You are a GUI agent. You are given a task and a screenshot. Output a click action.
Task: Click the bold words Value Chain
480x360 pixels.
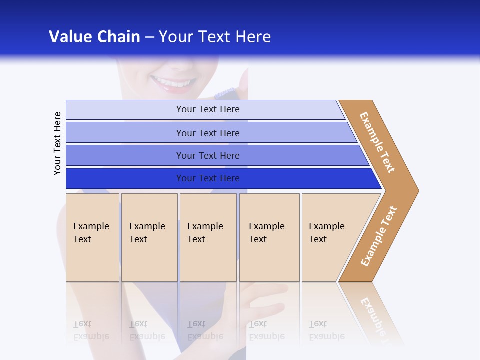[x=94, y=37]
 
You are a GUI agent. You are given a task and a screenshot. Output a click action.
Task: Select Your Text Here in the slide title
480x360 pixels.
[x=215, y=37]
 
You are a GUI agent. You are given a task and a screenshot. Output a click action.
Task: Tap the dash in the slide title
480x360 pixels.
[x=149, y=37]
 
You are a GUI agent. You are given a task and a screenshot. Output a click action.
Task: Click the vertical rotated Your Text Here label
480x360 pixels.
[x=57, y=143]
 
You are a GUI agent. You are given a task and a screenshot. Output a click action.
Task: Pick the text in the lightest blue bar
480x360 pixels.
[x=208, y=109]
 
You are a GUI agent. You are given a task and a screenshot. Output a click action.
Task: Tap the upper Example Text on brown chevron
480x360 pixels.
[x=377, y=142]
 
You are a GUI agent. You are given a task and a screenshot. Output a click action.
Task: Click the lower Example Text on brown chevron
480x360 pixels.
[x=379, y=236]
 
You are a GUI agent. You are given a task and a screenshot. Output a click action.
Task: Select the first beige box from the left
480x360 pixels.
[x=92, y=237]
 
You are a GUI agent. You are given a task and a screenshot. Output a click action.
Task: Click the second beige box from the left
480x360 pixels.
[x=149, y=237]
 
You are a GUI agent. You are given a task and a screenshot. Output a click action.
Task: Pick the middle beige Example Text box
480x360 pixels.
[x=208, y=237]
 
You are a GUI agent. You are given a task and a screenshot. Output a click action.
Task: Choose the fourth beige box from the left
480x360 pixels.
[x=269, y=237]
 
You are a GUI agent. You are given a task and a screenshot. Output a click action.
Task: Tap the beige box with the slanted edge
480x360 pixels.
[x=330, y=237]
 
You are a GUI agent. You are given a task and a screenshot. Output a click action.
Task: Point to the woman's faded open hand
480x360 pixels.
[x=260, y=300]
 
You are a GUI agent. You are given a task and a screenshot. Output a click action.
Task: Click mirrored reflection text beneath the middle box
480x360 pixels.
[x=205, y=330]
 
